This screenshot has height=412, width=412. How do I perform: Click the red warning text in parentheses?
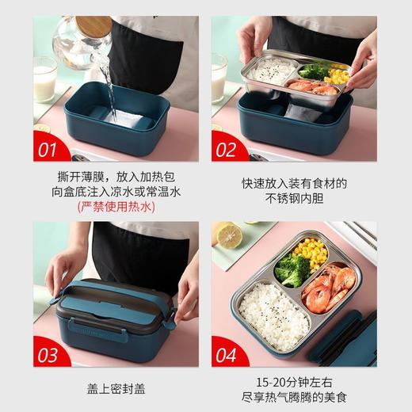(x=116, y=208)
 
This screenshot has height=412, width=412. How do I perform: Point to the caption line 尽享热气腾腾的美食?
(x=295, y=397)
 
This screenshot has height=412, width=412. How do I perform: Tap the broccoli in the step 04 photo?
(x=293, y=270)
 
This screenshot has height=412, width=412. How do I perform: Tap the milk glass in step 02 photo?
(x=219, y=78)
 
